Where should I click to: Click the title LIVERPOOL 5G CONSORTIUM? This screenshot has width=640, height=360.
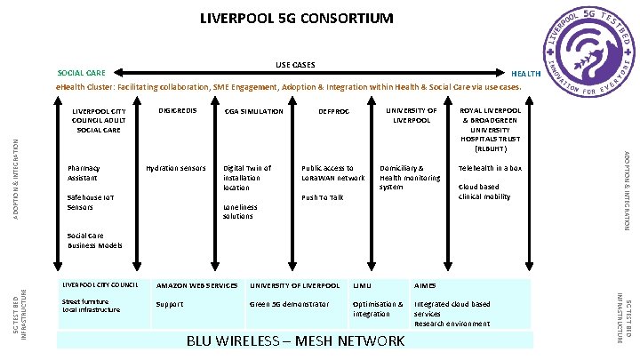[296, 18]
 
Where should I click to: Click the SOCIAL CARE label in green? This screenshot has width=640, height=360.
[81, 73]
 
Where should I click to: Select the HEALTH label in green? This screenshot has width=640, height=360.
[525, 73]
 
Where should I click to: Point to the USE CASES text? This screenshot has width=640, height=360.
[295, 64]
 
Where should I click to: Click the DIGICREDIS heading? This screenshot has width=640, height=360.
[176, 111]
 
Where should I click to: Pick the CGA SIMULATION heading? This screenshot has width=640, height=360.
[254, 112]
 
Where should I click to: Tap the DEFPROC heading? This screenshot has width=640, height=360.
[333, 112]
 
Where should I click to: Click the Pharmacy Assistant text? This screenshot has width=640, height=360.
[84, 172]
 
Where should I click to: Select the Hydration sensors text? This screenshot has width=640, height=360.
[176, 168]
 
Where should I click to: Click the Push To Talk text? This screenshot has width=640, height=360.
[322, 197]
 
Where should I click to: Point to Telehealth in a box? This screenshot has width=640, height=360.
[490, 168]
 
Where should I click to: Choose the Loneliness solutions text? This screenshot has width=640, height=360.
[240, 212]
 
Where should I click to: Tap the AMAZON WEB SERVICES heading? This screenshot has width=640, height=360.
[197, 285]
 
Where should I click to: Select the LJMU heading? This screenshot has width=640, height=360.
[362, 285]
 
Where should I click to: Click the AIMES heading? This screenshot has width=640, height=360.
[425, 285]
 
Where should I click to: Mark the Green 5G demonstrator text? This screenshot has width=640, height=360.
[289, 304]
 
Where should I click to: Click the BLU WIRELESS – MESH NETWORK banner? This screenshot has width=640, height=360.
[295, 341]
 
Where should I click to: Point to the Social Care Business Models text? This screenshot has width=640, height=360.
[95, 241]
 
